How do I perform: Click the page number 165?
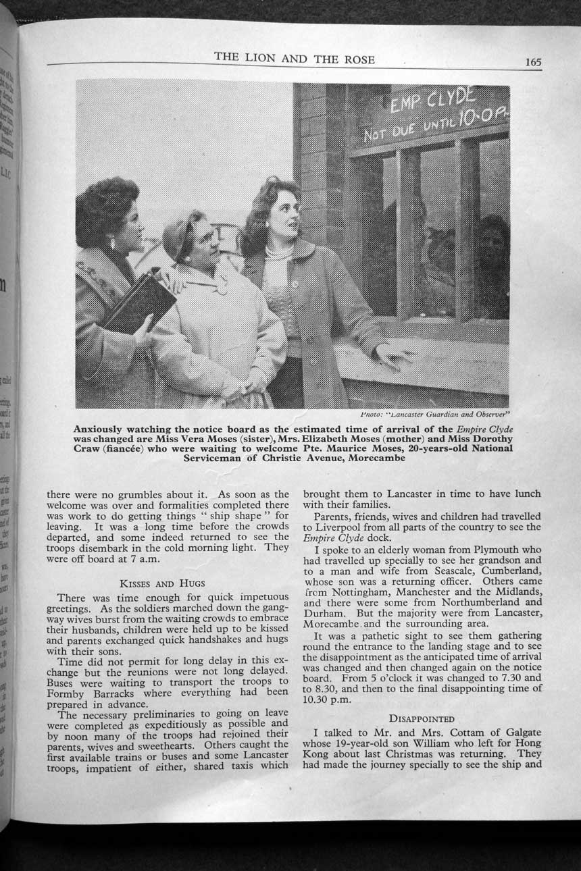pos(532,62)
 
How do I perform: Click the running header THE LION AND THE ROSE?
pos(294,59)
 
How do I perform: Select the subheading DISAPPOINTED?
pos(422,718)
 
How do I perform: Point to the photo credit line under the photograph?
pos(434,414)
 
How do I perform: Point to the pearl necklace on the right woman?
pos(278,253)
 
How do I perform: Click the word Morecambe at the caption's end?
pos(377,458)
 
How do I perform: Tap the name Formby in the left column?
pos(66,693)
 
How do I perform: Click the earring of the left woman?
pos(113,242)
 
